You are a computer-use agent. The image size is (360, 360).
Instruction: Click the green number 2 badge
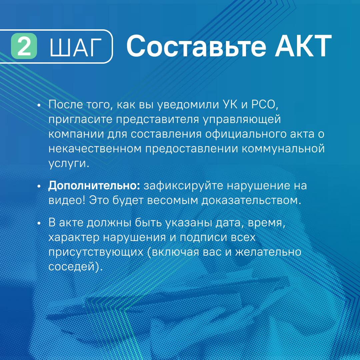tap(24, 46)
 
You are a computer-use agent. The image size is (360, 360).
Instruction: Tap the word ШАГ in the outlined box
tap(76, 48)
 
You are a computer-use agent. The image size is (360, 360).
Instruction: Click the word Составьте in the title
tap(196, 46)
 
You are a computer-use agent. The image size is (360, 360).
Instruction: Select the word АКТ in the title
tap(303, 46)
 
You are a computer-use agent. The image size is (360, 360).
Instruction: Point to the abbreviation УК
tap(230, 104)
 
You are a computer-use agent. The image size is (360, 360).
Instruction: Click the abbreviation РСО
tap(265, 105)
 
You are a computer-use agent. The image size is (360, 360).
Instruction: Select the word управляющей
tap(242, 120)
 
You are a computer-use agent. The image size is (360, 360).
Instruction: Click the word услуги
tap(69, 164)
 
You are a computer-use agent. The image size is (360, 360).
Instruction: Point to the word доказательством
tap(251, 201)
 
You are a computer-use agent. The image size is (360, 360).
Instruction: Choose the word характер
tap(74, 238)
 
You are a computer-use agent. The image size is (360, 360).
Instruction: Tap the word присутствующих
tap(96, 252)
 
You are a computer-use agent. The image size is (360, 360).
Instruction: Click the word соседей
tap(76, 267)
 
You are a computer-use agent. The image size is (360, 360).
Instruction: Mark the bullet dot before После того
tap(39, 105)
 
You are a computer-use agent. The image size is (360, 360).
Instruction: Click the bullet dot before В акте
tap(39, 223)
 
